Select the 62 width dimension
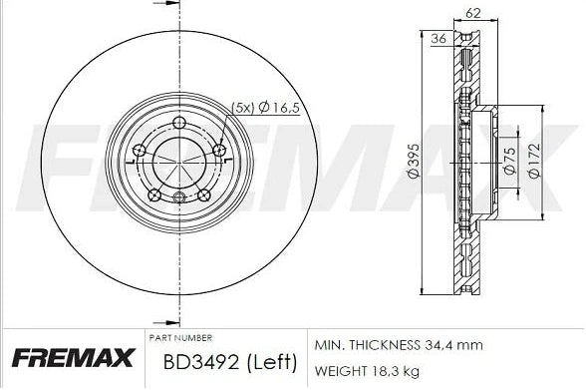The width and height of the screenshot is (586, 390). click(471, 15)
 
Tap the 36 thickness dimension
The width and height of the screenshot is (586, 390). click(438, 40)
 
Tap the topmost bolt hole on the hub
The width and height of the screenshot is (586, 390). click(179, 124)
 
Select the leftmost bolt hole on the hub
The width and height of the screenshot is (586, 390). click(141, 152)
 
